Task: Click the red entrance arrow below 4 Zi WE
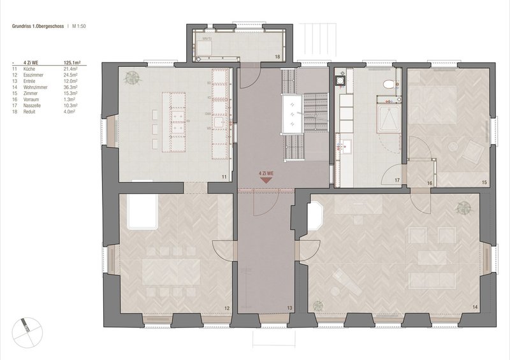(266, 180)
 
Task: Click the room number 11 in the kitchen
(224, 175)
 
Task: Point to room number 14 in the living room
(474, 308)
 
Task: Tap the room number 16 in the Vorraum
(430, 184)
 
